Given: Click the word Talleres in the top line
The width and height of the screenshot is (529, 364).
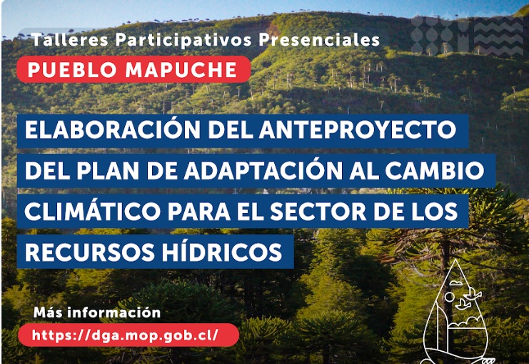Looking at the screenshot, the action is tap(70, 40).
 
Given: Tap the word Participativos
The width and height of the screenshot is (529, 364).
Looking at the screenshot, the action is tap(183, 40).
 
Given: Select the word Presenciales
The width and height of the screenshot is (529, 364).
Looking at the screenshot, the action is tap(319, 40).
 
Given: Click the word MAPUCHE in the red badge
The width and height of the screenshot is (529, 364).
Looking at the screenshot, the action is tap(181, 69).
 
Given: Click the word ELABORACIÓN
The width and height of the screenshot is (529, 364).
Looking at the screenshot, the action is tap(112, 129).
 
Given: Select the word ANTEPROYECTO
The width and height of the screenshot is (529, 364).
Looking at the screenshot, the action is tap(358, 129).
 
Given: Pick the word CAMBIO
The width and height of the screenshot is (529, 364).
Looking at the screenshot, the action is tap(435, 170).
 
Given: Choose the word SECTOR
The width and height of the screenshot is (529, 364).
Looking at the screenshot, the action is tap(318, 211).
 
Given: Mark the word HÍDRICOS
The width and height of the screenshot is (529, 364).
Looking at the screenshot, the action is tap(222, 250).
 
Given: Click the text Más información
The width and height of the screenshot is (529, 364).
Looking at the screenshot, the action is tap(97, 313).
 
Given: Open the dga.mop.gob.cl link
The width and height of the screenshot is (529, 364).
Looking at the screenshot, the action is tap(125, 335).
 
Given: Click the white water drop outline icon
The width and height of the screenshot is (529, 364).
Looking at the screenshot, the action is tap(455, 311).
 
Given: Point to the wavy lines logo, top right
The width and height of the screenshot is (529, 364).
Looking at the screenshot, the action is tap(498, 36).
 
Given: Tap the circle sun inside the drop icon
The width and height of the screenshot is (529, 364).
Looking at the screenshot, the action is tap(449, 297).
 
